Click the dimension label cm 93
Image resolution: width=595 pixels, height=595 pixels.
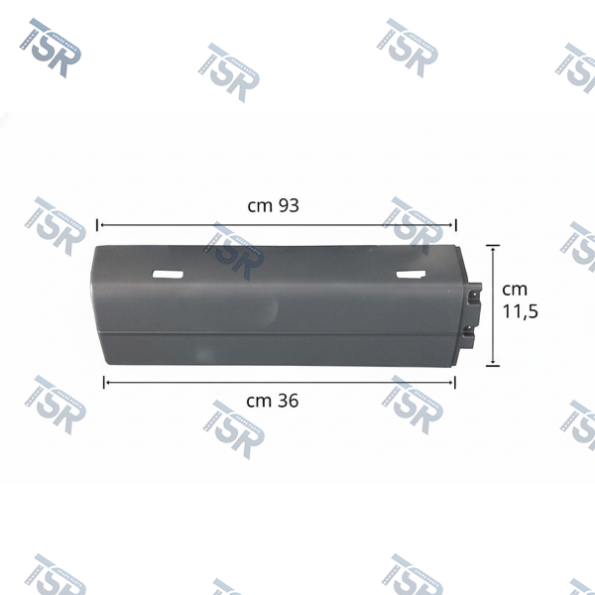pyautogui.click(x=273, y=205)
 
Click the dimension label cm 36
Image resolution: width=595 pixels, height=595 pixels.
pyautogui.click(x=272, y=401)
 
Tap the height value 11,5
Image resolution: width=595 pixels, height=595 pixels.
pyautogui.click(x=520, y=312)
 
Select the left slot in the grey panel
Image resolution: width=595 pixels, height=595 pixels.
pyautogui.click(x=168, y=275)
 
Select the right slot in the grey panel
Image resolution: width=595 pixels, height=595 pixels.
pyautogui.click(x=411, y=275)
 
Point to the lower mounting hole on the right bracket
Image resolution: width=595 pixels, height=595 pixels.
pyautogui.click(x=471, y=330)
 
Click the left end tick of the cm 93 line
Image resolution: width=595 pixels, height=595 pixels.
pyautogui.click(x=97, y=225)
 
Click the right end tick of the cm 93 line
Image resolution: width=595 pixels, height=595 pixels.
pyautogui.click(x=455, y=225)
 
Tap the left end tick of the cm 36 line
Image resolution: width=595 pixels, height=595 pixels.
pyautogui.click(x=104, y=383)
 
